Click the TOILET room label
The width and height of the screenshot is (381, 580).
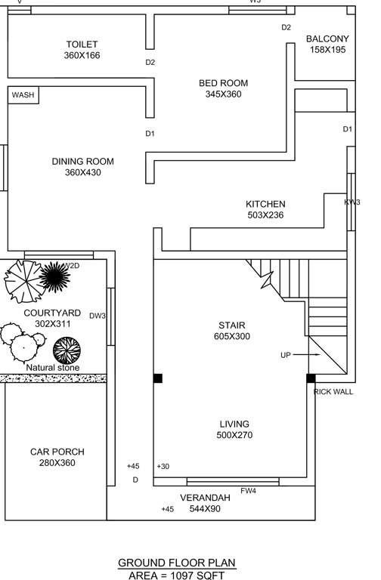pos(82,45)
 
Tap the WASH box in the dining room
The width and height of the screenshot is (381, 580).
pos(23,95)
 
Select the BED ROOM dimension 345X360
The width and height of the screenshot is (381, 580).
pos(223,94)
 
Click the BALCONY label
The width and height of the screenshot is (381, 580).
pos(327,39)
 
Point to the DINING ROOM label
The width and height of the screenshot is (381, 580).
pos(82,161)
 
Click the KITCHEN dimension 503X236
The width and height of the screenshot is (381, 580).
pos(265,215)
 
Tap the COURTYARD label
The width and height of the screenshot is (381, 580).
pos(52,313)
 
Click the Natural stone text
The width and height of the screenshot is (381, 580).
pos(52,367)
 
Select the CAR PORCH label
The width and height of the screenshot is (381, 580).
pos(57,452)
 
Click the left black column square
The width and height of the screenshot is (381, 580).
pos(157,378)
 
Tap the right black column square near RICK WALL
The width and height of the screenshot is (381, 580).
pos(311,378)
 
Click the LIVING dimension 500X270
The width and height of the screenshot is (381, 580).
pos(234,435)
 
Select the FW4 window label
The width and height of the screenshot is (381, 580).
pos(248,492)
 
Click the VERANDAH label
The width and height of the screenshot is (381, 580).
pos(205,498)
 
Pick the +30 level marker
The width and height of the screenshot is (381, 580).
pos(163,467)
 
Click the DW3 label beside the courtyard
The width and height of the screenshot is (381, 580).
pos(98,316)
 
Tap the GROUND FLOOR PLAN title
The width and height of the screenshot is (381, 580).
pos(176,563)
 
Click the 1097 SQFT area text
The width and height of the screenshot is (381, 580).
pos(197,575)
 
